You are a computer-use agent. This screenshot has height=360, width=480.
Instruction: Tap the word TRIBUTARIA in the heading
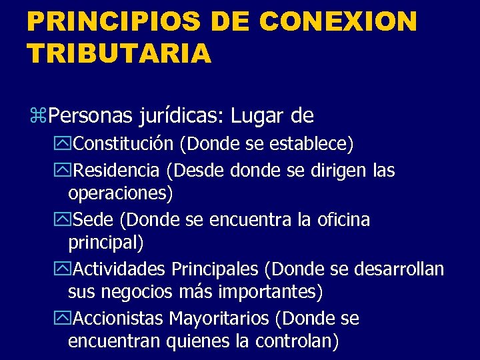[x=119, y=53]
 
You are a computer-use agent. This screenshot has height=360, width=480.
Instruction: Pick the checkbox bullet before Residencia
[x=65, y=171]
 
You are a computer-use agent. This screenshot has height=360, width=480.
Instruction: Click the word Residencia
[x=117, y=171]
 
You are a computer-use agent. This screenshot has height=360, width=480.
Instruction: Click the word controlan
[x=293, y=342]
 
